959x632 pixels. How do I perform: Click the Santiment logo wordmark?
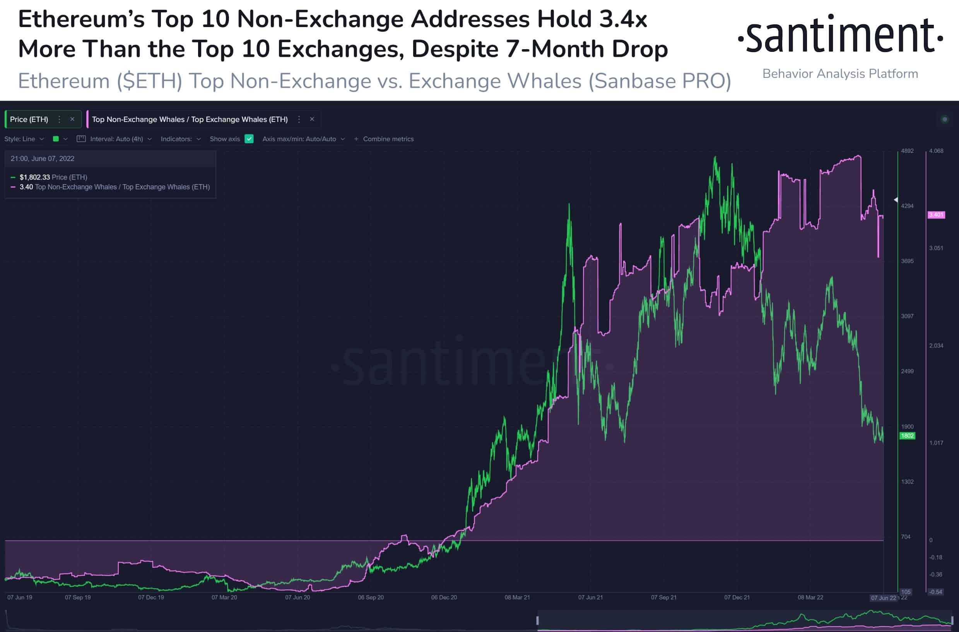click(x=841, y=36)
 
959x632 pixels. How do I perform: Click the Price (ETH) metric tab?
click(x=29, y=119)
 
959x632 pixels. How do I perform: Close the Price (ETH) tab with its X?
click(x=72, y=119)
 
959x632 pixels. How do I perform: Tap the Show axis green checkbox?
click(x=249, y=139)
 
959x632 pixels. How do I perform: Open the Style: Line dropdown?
click(x=24, y=139)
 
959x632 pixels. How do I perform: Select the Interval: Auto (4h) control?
click(x=116, y=139)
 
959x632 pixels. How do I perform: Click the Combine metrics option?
click(x=388, y=139)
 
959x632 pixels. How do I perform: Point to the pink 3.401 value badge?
click(x=936, y=215)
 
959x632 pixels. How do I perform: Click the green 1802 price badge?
click(x=907, y=436)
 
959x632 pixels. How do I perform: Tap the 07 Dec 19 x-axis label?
click(x=151, y=597)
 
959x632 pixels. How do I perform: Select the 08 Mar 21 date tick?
click(x=517, y=597)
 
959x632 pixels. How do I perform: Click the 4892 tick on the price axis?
click(x=907, y=151)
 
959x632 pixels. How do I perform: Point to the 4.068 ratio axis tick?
click(x=936, y=151)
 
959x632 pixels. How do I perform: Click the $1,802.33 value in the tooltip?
click(x=35, y=177)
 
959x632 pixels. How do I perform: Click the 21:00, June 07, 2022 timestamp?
click(x=42, y=159)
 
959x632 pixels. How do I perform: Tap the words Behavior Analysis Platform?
click(x=840, y=74)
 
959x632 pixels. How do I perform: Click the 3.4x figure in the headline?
click(x=622, y=19)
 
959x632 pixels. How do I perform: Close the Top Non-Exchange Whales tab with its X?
click(x=312, y=119)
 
